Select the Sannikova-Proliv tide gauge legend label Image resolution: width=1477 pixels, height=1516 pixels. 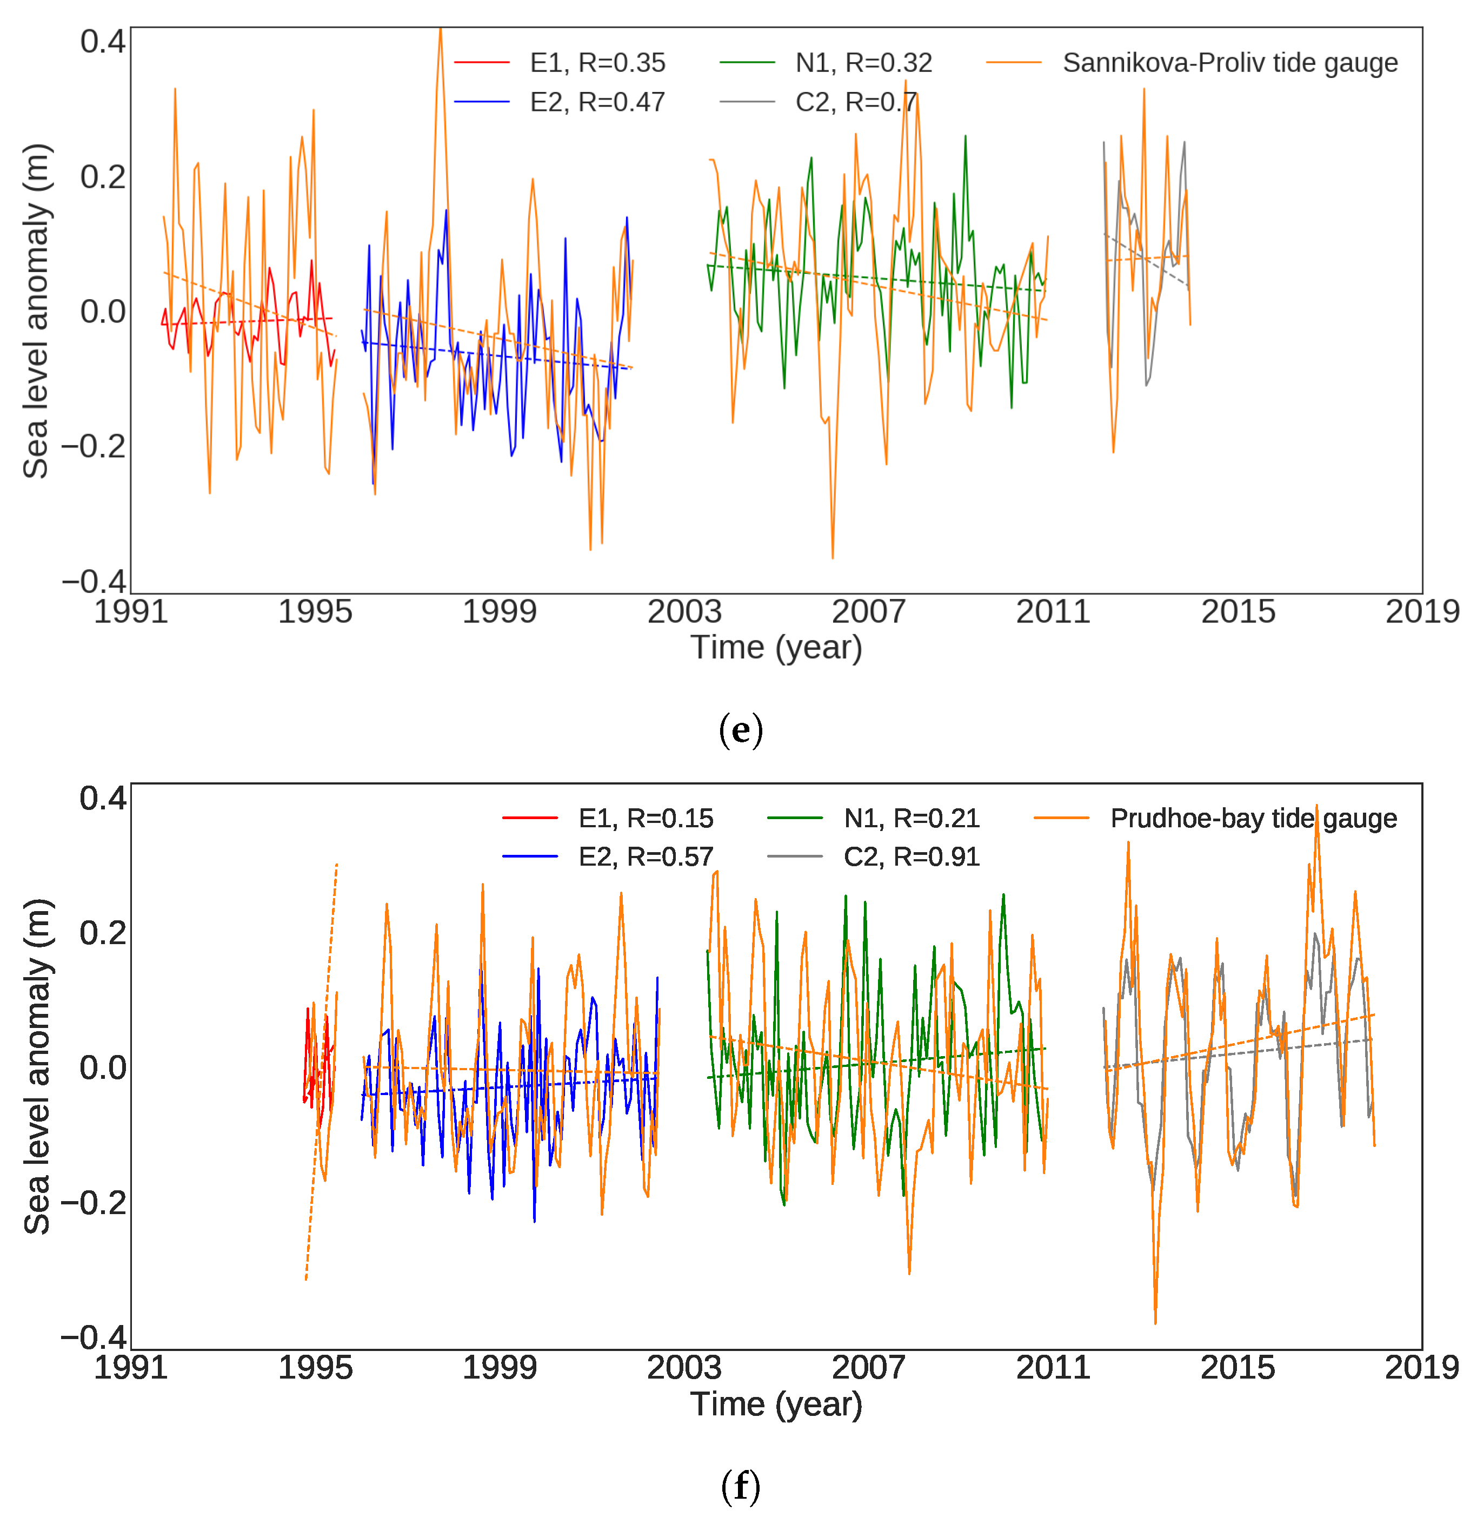point(1229,63)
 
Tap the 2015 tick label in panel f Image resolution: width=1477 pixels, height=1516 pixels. point(1238,1368)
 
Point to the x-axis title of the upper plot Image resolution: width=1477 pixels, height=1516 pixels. point(776,648)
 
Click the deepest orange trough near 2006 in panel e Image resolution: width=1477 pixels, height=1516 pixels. point(833,557)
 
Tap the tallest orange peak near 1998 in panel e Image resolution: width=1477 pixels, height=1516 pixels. point(440,31)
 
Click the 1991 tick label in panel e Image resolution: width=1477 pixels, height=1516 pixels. point(130,612)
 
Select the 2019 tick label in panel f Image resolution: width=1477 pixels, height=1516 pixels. point(1422,1368)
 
